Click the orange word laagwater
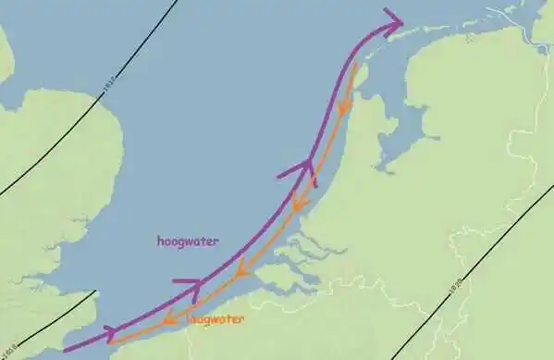tap(215, 319)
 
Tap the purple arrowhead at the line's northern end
tap(393, 23)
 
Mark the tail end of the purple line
tap(64, 350)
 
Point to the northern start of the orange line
tap(357, 65)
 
